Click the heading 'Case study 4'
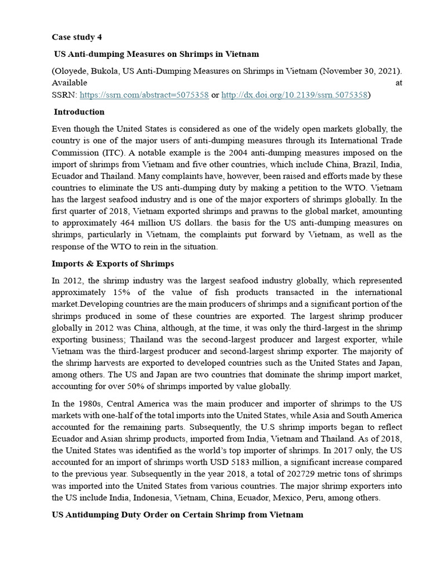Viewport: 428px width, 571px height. tap(77, 37)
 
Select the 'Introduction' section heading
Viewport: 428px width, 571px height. tap(79, 112)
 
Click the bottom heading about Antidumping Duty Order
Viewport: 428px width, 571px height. tap(177, 514)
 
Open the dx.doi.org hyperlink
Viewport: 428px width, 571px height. tap(294, 95)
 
